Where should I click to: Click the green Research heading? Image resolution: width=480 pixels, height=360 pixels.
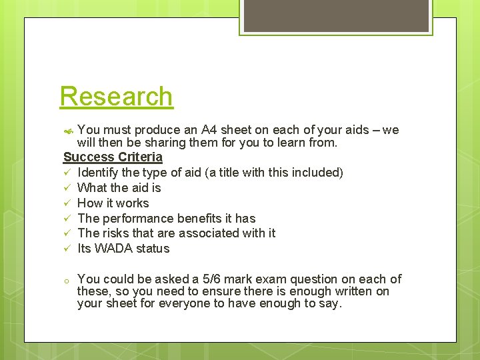pyautogui.click(x=116, y=96)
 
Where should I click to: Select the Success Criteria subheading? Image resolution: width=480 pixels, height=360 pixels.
pyautogui.click(x=113, y=157)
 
